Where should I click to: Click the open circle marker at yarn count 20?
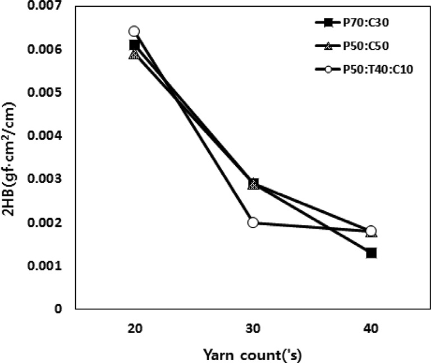coord(134,31)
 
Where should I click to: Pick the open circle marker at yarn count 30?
coord(253,223)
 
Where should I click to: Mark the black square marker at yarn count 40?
coord(371,253)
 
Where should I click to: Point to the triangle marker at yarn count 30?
coord(253,184)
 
